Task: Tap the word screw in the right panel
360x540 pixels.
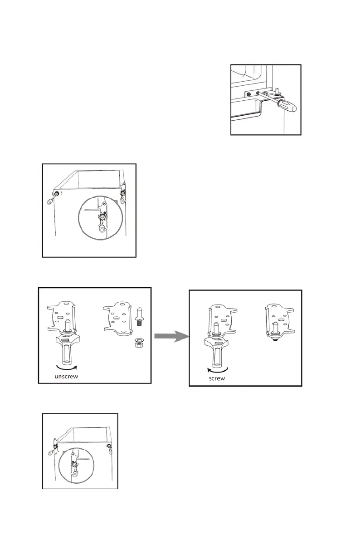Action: pos(217,378)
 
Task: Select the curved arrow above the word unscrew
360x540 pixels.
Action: pos(64,366)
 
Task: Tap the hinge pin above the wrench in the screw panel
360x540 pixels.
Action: pos(217,328)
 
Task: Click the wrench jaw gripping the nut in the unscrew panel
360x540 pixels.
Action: pos(66,339)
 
